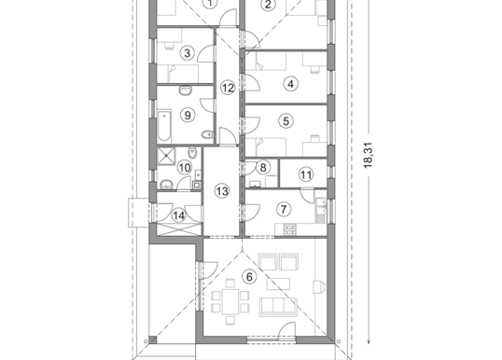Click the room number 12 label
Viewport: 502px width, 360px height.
[228, 88]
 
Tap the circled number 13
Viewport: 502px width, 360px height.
[221, 191]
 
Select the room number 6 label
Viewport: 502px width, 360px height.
[249, 277]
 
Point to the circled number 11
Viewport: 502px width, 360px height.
[306, 174]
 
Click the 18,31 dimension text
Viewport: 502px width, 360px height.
[369, 155]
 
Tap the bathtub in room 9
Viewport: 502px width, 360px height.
[164, 125]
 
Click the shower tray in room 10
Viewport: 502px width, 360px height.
[166, 156]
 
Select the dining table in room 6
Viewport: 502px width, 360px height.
[230, 301]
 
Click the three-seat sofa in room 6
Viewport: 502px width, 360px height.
[279, 307]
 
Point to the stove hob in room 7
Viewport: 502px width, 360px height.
[290, 228]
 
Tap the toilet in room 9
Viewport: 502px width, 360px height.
[208, 134]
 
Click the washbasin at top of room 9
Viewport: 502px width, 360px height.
[186, 90]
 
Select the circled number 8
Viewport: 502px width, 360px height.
[263, 167]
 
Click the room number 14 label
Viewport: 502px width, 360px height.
[178, 215]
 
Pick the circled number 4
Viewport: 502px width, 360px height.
[291, 84]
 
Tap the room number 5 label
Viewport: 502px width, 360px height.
[286, 121]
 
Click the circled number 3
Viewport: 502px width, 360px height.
[188, 53]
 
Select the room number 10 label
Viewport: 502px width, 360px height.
[185, 168]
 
